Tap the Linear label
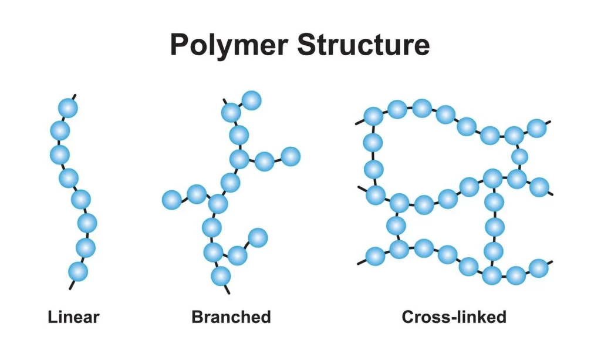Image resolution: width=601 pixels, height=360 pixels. pos(73,318)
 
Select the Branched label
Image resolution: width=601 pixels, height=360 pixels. pos(231,318)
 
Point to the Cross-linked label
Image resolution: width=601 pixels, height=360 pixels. pos(454,318)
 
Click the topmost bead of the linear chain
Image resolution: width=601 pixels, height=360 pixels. pos(68,108)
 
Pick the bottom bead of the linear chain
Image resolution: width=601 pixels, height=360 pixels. pos(78,271)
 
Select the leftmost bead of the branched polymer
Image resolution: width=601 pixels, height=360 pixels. pos(171,200)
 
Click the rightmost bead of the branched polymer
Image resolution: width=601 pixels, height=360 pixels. pos(291,156)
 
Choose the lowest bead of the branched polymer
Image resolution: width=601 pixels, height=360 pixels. pos(221,275)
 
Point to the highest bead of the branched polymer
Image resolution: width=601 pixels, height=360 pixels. pos(251,100)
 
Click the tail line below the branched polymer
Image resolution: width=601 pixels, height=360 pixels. pos(227,288)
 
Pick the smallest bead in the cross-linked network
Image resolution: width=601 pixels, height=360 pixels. pos(519,157)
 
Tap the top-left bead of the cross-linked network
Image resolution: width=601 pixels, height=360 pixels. pos(373,116)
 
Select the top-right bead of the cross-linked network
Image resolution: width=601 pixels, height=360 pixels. pos(536,127)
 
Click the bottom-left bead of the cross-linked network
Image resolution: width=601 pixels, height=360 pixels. pos(375,256)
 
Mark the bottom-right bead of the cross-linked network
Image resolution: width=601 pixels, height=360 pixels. pos(538,268)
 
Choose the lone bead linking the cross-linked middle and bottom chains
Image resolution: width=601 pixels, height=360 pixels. pos(396,226)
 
